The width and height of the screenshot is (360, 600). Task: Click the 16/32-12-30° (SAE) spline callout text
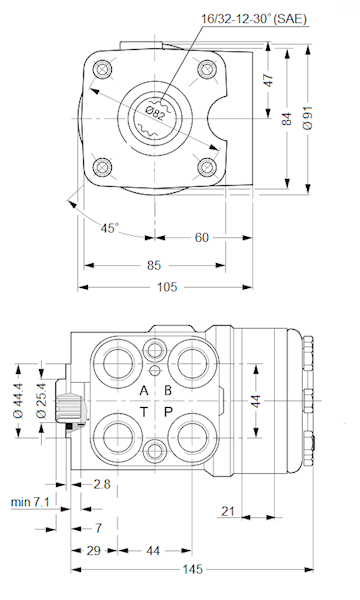click(x=254, y=19)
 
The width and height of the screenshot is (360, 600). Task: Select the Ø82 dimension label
click(x=156, y=113)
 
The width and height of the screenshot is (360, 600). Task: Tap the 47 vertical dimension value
click(x=269, y=80)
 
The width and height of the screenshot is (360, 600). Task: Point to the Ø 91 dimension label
click(x=307, y=118)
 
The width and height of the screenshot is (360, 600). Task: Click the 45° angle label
click(x=109, y=228)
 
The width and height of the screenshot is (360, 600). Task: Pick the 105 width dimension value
click(x=167, y=287)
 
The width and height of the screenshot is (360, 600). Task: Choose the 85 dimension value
click(x=154, y=265)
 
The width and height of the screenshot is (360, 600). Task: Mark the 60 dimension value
click(x=202, y=238)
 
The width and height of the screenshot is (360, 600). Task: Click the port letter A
click(x=144, y=391)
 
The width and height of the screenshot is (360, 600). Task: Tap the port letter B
click(x=168, y=390)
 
